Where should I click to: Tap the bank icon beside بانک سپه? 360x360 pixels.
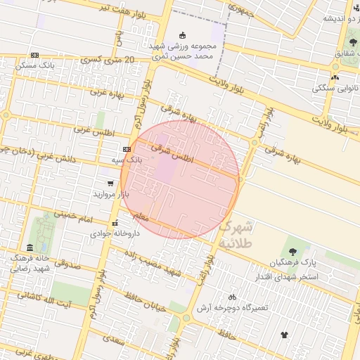pos(127,149)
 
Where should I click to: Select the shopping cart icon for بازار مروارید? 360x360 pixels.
pos(110,183)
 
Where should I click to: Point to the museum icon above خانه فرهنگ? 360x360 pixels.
pos(29,247)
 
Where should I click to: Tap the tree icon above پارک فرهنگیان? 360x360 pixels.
pos(292,251)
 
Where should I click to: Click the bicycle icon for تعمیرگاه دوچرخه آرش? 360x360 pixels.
pos(232,297)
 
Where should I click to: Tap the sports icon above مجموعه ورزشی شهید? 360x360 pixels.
pos(183,35)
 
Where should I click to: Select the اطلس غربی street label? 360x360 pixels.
pos(91,129)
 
